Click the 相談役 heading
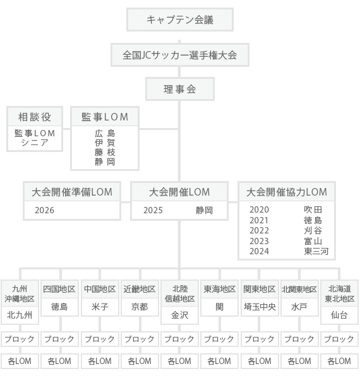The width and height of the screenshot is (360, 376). point(35,117)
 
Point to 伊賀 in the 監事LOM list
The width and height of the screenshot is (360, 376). point(105,143)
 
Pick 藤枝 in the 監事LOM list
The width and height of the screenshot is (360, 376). point(105,152)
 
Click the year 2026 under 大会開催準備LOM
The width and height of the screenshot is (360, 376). point(44,210)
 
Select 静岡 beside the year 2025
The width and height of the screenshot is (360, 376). point(204,210)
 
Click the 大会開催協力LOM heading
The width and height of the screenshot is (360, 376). point(287,192)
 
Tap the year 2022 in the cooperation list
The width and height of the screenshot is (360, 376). point(259,230)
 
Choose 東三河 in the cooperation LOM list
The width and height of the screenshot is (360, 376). point(316,251)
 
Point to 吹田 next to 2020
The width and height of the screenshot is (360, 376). point(313,209)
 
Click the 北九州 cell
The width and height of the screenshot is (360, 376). point(20,315)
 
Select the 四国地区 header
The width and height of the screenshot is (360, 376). point(59,289)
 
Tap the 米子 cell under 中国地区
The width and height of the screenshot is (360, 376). point(100,307)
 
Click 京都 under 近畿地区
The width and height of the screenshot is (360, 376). point(140,307)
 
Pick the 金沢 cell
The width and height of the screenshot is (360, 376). point(179,315)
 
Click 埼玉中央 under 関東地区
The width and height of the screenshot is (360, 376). point(260,307)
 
